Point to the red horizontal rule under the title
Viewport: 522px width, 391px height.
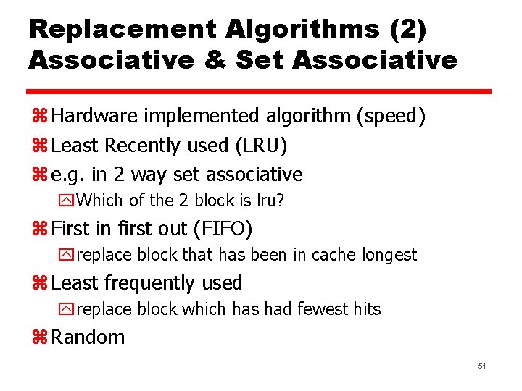pyautogui.click(x=260, y=92)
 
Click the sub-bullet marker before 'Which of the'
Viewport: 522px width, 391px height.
pyautogui.click(x=68, y=201)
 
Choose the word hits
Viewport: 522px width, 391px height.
pyautogui.click(x=367, y=309)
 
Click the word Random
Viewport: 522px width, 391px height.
pyautogui.click(x=88, y=337)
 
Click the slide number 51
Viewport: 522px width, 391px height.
pyautogui.click(x=481, y=367)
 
